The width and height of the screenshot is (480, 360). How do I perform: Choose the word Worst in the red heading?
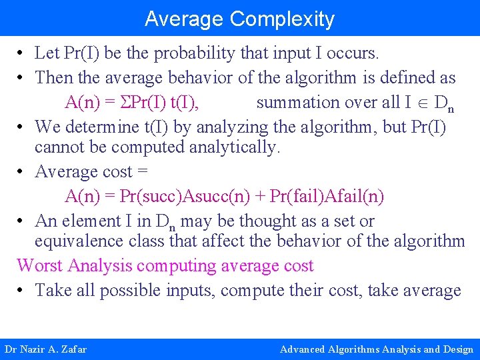pos(39,265)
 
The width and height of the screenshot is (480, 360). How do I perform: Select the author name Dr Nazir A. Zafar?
pos(45,349)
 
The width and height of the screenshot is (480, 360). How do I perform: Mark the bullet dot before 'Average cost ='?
pos(22,172)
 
